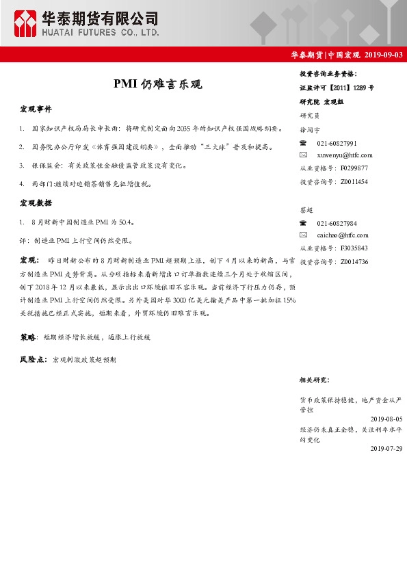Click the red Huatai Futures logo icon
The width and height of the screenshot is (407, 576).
click(x=25, y=23)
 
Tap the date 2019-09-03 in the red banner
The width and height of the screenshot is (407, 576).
click(x=384, y=55)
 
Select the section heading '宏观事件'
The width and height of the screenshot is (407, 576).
click(x=36, y=109)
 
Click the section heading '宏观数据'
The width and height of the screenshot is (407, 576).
click(x=36, y=203)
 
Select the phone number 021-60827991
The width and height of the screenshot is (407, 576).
click(x=337, y=143)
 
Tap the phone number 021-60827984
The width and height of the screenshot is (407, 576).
click(x=337, y=224)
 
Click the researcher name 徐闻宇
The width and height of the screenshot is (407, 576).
click(x=310, y=129)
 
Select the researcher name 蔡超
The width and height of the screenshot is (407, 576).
click(x=306, y=209)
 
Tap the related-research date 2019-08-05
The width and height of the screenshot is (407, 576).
click(x=386, y=419)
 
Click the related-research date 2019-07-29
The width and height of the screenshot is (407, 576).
click(x=386, y=448)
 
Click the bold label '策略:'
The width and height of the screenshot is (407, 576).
click(x=29, y=337)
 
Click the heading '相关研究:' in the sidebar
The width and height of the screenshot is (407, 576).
click(x=314, y=380)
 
